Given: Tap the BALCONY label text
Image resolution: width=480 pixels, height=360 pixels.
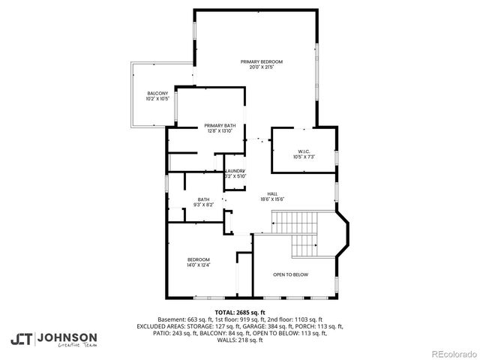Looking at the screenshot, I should (x=157, y=92).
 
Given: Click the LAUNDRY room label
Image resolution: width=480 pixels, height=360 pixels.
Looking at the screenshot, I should (x=235, y=170).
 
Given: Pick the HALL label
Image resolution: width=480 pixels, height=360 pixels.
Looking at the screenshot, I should (x=272, y=193).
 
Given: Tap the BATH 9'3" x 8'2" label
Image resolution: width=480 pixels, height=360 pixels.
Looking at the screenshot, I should (x=203, y=199).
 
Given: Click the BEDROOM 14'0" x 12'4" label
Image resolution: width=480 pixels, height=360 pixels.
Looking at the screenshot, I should (x=198, y=259).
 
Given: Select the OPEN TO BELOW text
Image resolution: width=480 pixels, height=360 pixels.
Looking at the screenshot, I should (x=290, y=274).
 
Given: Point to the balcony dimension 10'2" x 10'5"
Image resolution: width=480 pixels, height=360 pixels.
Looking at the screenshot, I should (x=157, y=98).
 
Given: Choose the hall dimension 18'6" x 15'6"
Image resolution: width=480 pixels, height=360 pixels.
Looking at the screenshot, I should (x=272, y=199).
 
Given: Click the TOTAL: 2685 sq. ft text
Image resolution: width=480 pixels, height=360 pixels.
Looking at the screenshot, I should (x=240, y=312).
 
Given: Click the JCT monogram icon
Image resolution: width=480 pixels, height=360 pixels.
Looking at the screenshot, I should (x=21, y=339).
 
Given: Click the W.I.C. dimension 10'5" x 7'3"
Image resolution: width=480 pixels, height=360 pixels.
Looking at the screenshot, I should (x=304, y=157).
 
